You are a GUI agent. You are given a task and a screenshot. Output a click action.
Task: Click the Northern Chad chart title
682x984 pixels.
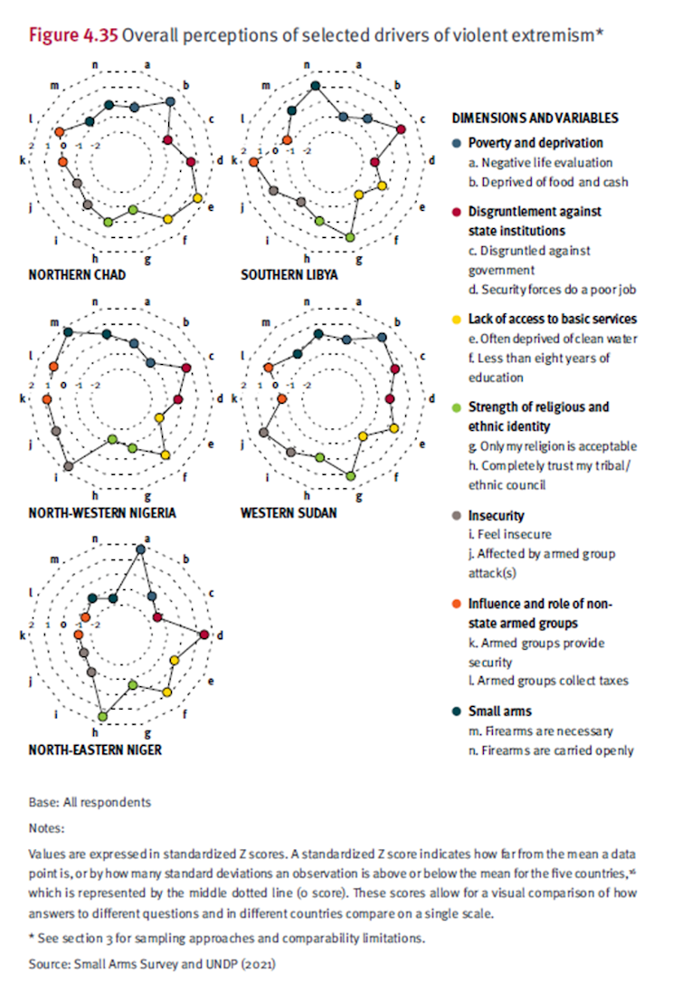click(x=77, y=274)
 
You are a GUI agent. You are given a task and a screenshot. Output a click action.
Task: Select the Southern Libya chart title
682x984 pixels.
click(x=289, y=274)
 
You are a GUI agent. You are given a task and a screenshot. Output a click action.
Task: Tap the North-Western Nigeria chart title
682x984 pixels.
click(x=101, y=512)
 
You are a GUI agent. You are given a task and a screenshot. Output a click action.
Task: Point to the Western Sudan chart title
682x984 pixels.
click(x=289, y=512)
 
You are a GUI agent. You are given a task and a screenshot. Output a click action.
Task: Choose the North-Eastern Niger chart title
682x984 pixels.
click(x=95, y=750)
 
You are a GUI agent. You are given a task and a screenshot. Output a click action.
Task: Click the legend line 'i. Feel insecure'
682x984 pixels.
click(x=509, y=534)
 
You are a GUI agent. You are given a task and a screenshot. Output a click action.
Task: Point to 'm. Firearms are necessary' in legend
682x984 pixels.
click(x=540, y=731)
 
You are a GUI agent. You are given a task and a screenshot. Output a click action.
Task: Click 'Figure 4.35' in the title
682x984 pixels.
click(x=73, y=35)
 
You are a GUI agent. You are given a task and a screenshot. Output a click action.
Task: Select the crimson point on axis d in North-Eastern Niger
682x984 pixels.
click(x=205, y=635)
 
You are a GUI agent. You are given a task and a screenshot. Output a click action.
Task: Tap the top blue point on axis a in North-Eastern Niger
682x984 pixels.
click(x=139, y=549)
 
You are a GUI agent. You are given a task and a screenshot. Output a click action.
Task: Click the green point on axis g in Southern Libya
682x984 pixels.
click(x=351, y=237)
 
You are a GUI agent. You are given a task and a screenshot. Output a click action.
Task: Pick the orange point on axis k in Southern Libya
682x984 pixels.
click(x=253, y=162)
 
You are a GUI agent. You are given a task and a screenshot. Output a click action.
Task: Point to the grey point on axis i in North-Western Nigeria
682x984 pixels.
click(x=69, y=465)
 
